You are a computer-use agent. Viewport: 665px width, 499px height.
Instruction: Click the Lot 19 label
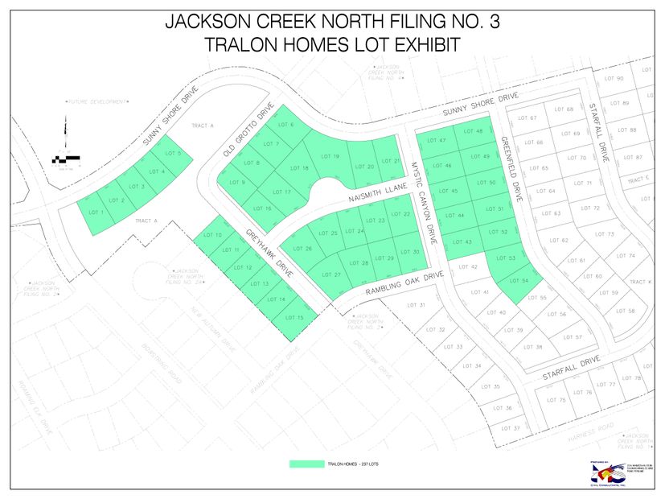pyautogui.click(x=330, y=155)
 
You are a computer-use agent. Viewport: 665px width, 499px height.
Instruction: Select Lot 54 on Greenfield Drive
pyautogui.click(x=519, y=280)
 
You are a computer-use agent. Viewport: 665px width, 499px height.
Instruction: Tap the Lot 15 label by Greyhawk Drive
pyautogui.click(x=294, y=317)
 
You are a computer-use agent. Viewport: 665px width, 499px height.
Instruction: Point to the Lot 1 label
pyautogui.click(x=96, y=212)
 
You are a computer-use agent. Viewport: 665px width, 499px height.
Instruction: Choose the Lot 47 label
pyautogui.click(x=438, y=141)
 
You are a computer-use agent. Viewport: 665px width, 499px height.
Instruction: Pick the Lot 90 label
pyautogui.click(x=614, y=78)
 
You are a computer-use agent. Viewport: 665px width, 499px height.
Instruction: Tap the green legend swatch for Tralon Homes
pyautogui.click(x=306, y=464)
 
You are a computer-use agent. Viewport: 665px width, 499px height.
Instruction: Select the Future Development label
pyautogui.click(x=97, y=102)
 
